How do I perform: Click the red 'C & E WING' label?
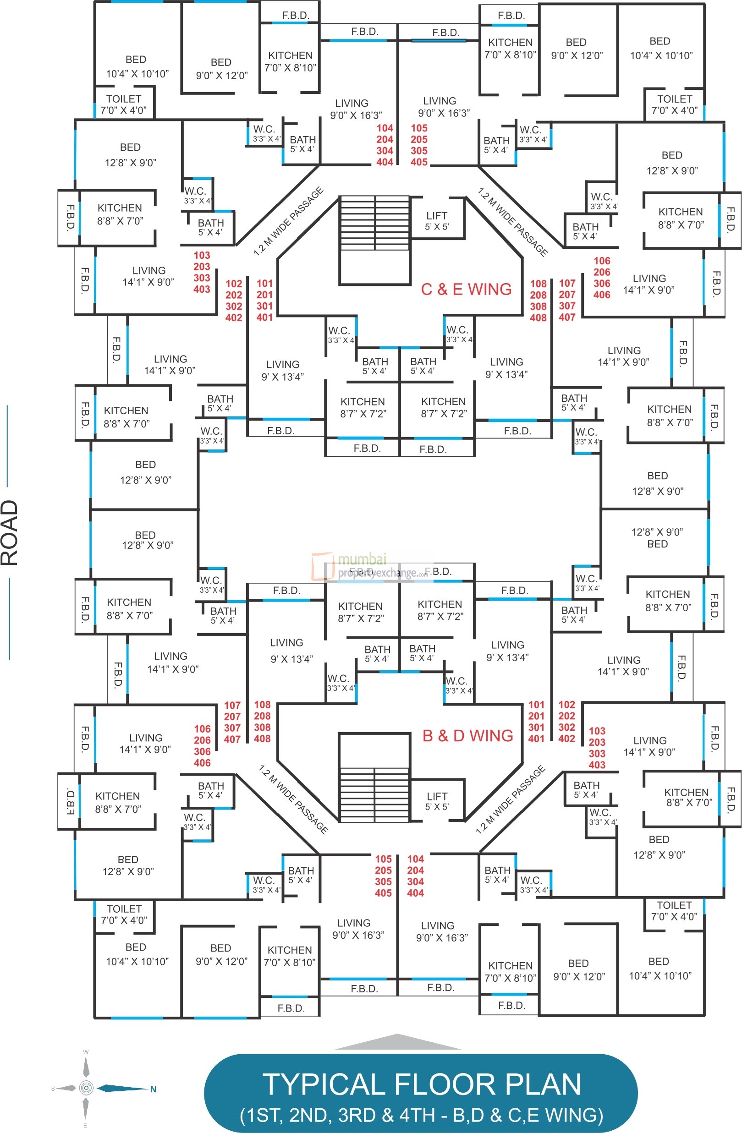pyautogui.click(x=466, y=289)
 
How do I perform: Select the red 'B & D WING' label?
pyautogui.click(x=467, y=735)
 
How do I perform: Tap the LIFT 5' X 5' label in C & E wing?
pyautogui.click(x=437, y=221)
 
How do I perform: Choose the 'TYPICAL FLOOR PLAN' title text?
pyautogui.click(x=422, y=1085)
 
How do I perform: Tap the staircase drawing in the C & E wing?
pyautogui.click(x=374, y=240)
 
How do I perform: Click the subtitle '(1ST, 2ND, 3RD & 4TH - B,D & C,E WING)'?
pyautogui.click(x=422, y=1116)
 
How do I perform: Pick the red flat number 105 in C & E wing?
pyautogui.click(x=419, y=128)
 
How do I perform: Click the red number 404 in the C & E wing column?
pyautogui.click(x=385, y=162)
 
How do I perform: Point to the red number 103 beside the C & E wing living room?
pyautogui.click(x=202, y=255)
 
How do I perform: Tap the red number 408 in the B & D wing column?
pyautogui.click(x=262, y=739)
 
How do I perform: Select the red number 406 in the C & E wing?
pyautogui.click(x=601, y=295)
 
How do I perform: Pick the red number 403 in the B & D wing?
pyautogui.click(x=597, y=765)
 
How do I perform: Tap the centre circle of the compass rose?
pyautogui.click(x=86, y=1088)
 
